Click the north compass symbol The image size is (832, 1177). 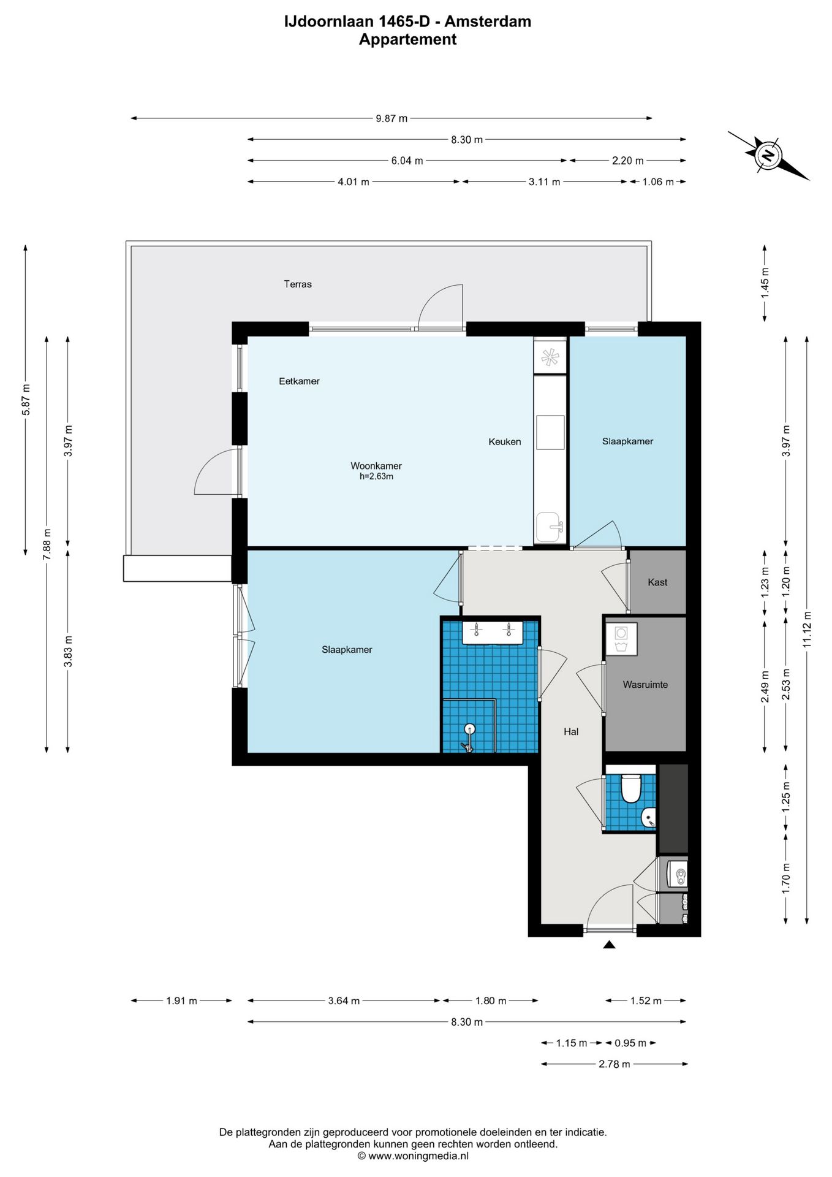click(x=768, y=155)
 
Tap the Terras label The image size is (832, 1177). click(x=298, y=284)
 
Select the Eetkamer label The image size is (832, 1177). click(x=299, y=381)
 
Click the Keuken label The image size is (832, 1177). click(x=505, y=441)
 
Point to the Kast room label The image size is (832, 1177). click(x=657, y=582)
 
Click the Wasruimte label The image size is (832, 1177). click(x=645, y=685)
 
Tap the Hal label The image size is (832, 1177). click(x=571, y=731)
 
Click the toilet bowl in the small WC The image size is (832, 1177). click(x=630, y=788)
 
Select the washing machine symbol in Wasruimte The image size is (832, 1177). click(x=621, y=639)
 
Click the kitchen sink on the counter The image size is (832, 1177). click(x=550, y=527)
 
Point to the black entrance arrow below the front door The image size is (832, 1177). click(x=609, y=945)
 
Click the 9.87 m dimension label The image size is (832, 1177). click(x=391, y=118)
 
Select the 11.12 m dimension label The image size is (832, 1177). click(x=807, y=630)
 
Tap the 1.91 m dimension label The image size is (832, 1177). click(x=181, y=1001)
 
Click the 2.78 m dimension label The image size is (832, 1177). click(x=615, y=1064)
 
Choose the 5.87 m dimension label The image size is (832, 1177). click(x=26, y=400)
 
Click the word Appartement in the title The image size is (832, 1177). click(x=407, y=39)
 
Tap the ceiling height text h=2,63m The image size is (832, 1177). click(x=376, y=476)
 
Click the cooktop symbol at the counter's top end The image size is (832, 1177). click(x=550, y=357)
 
